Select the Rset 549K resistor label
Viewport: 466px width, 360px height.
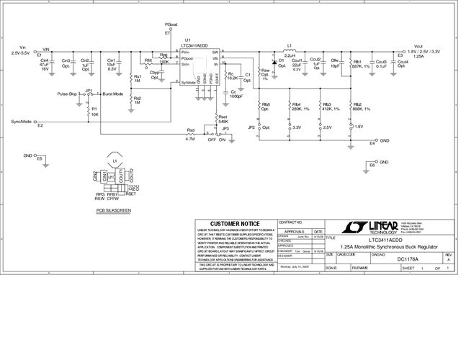(x=223, y=120)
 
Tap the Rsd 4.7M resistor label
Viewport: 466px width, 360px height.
(x=190, y=133)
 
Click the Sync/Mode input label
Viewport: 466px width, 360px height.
(x=22, y=122)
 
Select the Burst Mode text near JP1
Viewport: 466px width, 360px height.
(x=113, y=94)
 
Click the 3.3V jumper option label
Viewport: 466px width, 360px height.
(x=297, y=127)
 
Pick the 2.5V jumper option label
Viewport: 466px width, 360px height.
(x=327, y=127)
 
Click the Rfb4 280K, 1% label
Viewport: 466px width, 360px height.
(x=300, y=107)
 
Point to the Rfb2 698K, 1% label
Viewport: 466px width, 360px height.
(x=362, y=107)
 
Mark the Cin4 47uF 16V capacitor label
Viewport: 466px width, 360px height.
(x=44, y=65)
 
